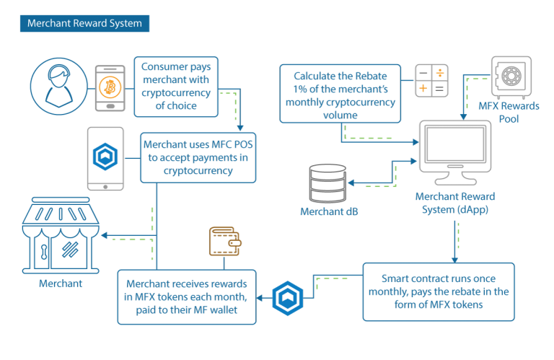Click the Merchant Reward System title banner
click(84, 23)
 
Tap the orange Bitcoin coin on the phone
click(110, 87)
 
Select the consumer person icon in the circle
click(58, 87)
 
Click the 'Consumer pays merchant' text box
click(176, 87)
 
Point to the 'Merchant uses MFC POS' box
click(198, 157)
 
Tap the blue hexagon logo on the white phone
click(105, 157)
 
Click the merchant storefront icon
click(61, 235)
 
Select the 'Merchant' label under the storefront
click(61, 284)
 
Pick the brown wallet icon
click(225, 241)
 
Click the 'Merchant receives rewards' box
click(187, 297)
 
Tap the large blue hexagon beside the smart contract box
click(288, 298)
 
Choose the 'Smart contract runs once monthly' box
click(439, 291)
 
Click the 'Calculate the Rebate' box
click(340, 94)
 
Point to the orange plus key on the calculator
click(423, 88)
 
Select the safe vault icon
click(511, 77)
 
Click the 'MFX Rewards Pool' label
click(509, 113)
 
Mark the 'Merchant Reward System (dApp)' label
click(455, 203)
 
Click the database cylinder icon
click(327, 183)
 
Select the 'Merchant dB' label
click(329, 211)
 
